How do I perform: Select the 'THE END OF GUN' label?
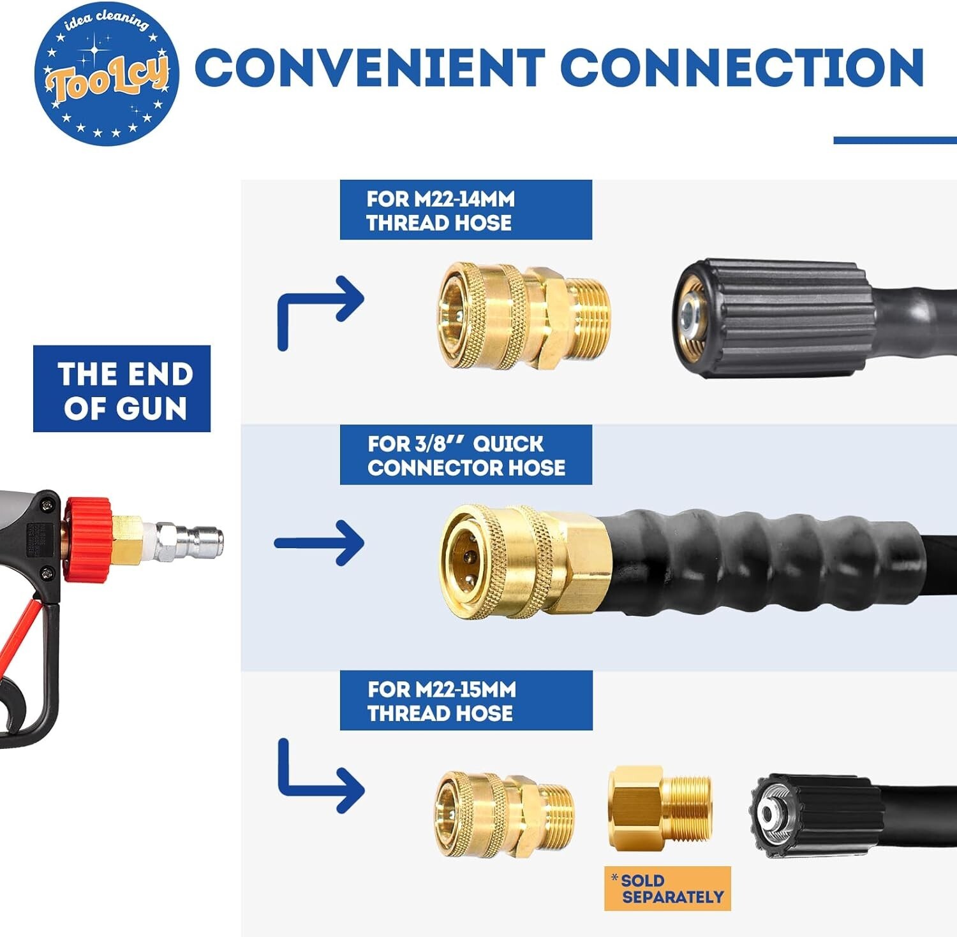122,389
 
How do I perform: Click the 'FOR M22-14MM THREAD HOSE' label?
466,210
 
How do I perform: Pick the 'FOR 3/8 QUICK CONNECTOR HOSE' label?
466,455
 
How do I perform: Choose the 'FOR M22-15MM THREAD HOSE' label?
466,701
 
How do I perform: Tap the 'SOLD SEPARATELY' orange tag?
667,889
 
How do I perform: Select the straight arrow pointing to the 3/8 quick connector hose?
319,543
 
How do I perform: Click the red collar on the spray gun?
87,540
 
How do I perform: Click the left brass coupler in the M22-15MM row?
505,815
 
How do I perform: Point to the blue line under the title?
895,140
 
